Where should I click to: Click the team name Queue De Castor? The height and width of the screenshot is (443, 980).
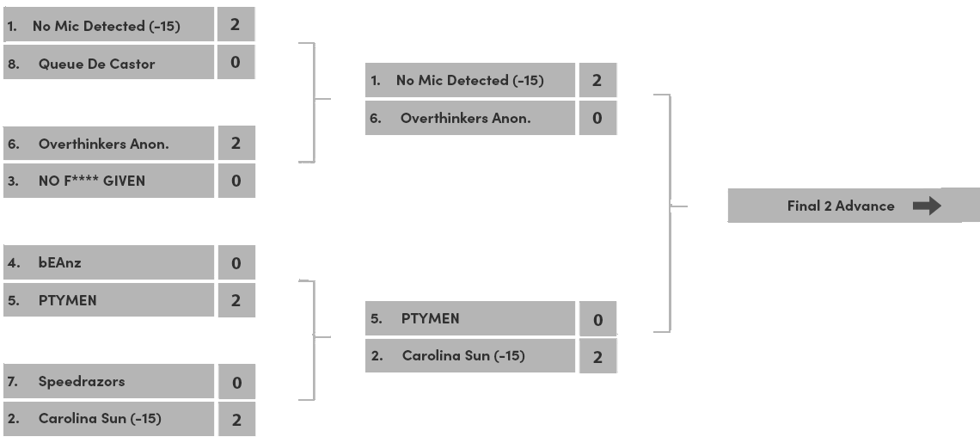(96, 64)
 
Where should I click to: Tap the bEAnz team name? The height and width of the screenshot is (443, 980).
(60, 263)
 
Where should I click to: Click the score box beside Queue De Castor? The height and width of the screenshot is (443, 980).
(236, 64)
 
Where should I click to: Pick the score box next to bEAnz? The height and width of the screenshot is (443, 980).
(236, 263)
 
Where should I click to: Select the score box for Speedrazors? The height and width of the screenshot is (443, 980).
(236, 382)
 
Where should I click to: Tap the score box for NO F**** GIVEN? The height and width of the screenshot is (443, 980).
(236, 182)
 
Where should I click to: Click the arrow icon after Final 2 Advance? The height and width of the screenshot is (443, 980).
(926, 206)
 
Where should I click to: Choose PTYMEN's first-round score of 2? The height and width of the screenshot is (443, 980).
(236, 300)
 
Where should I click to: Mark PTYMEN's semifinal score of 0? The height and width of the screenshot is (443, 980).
(597, 320)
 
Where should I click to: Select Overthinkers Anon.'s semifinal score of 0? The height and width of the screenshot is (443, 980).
(597, 119)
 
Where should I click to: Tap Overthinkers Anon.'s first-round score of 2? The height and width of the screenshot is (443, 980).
(236, 144)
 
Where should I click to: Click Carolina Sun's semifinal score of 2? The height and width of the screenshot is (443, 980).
(597, 357)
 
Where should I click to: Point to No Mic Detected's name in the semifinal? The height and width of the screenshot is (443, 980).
(469, 81)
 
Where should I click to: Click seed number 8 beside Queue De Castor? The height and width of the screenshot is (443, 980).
(12, 64)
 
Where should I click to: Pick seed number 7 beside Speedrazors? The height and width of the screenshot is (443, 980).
(12, 381)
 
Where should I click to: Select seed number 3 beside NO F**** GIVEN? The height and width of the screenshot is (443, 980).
(12, 182)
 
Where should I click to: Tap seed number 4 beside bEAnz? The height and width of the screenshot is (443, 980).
(12, 263)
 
